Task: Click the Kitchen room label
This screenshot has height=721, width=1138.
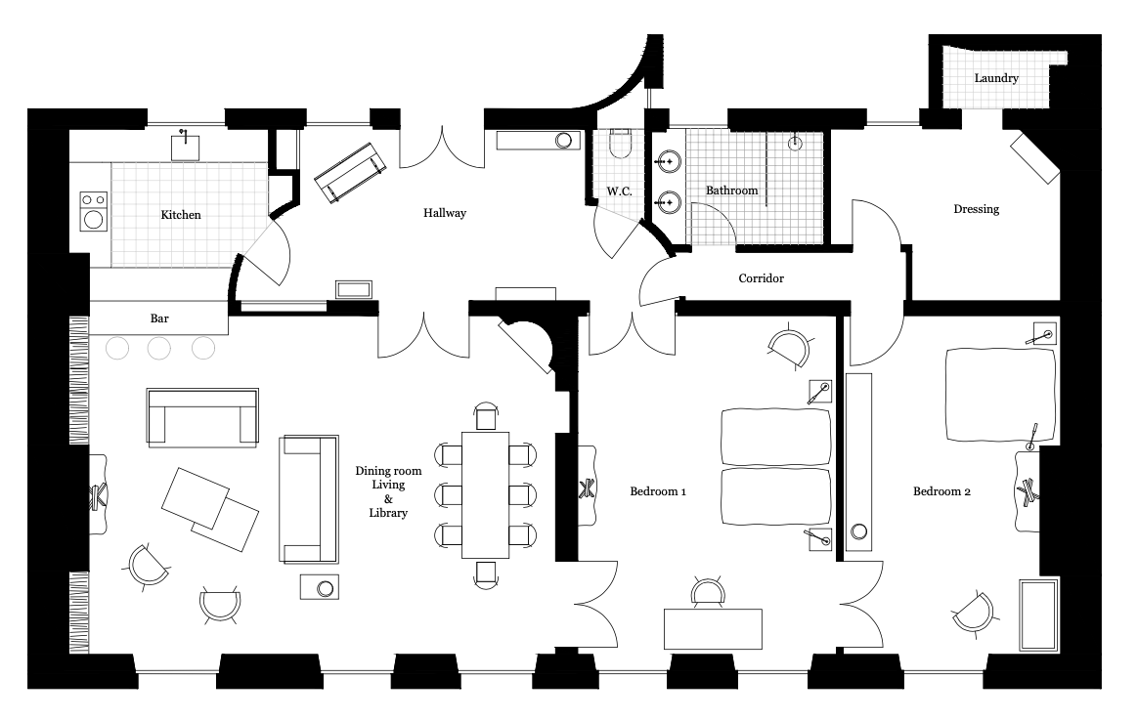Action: [x=181, y=215]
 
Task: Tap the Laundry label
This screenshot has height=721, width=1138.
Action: [x=996, y=77]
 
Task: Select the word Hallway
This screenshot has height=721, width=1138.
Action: [x=445, y=213]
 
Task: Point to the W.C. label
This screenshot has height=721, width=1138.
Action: [x=619, y=191]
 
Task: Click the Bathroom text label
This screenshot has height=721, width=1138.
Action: [x=731, y=191]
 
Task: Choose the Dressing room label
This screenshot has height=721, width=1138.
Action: [x=976, y=210]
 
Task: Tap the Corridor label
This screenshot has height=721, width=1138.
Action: [x=762, y=277]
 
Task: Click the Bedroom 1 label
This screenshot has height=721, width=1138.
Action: [x=658, y=491]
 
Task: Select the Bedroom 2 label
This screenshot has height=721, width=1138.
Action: [x=941, y=491]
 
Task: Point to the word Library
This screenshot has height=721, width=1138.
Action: [x=388, y=513]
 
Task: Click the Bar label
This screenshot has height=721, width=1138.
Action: [x=159, y=318]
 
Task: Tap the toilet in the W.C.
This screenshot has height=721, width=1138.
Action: [x=621, y=143]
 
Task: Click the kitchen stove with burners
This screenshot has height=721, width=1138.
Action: [x=94, y=210]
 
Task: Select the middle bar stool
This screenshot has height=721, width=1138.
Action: [x=159, y=348]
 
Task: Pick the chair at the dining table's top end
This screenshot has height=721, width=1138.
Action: [x=486, y=417]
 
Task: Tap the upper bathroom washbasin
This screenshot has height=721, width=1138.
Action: [x=668, y=161]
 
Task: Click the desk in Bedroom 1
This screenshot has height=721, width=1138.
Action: [x=713, y=629]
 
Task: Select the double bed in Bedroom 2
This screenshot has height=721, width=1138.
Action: [x=1001, y=396]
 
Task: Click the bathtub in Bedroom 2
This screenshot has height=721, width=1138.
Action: [x=1039, y=615]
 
